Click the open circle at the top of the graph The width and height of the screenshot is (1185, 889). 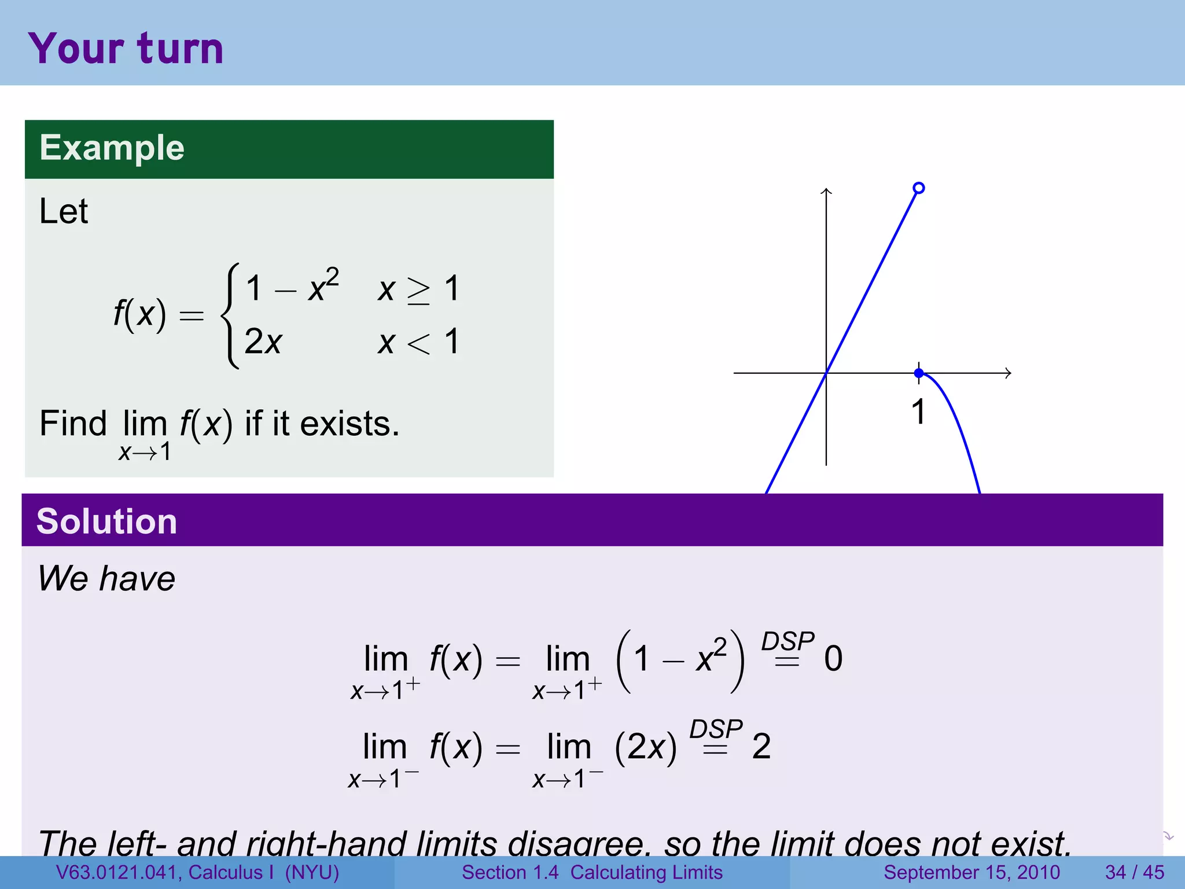(x=918, y=188)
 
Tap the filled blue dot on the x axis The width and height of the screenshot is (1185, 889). (x=919, y=373)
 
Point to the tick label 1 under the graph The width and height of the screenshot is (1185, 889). (x=918, y=412)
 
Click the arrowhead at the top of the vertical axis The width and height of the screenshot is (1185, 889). (x=826, y=191)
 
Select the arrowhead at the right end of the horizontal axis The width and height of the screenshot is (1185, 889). (x=1008, y=373)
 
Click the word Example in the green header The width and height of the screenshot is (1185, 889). (x=112, y=148)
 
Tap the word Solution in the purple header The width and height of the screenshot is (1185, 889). (x=106, y=521)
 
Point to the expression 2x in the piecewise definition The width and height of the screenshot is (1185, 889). (x=263, y=341)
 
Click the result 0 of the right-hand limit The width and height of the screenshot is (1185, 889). (x=833, y=659)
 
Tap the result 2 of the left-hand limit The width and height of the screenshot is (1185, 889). (x=761, y=746)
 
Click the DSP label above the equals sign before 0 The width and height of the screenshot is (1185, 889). (x=787, y=641)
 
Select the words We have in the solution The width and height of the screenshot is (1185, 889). (x=106, y=578)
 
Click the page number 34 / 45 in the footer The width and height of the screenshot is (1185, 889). (x=1134, y=872)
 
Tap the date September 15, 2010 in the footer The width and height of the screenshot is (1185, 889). (x=971, y=872)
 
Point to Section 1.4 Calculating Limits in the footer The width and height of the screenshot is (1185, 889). (x=592, y=872)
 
